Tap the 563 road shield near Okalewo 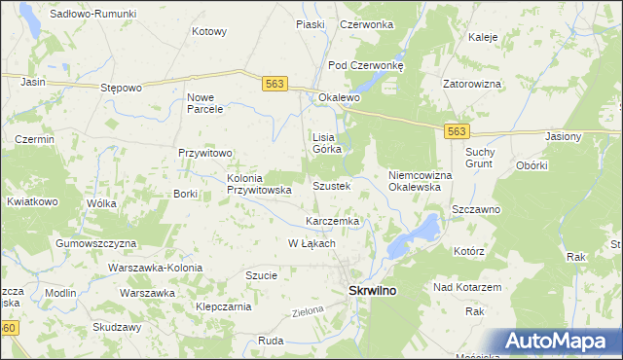pos(275,85)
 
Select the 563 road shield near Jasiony pos(457,130)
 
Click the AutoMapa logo pos(562,342)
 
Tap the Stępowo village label pos(122,87)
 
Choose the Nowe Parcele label pos(206,103)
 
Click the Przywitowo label pos(204,153)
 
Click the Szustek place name pos(331,185)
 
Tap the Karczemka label pos(333,221)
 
